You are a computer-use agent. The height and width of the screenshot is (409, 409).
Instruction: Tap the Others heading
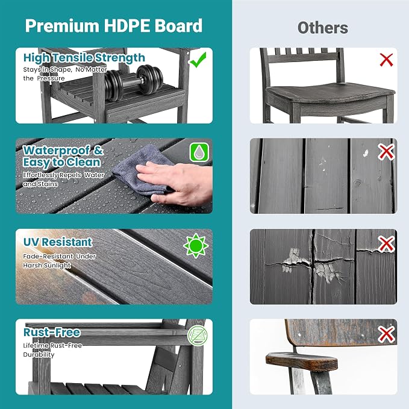pos(323,28)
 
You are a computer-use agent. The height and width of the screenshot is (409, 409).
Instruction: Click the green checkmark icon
pos(198,60)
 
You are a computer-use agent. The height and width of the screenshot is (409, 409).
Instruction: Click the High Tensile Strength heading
pos(84,58)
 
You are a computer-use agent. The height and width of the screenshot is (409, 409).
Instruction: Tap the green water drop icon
pos(199,152)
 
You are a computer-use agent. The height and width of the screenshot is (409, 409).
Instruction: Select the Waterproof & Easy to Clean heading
pos(63,156)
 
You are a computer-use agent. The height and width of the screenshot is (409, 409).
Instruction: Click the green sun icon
pos(196,246)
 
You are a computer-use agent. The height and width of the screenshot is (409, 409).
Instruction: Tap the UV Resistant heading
pos(58,242)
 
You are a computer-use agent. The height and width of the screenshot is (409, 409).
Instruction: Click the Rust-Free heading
pos(52,332)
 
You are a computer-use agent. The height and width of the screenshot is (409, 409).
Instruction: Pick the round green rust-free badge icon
pos(198,336)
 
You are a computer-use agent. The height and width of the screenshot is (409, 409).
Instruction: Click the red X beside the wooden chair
pos(386,60)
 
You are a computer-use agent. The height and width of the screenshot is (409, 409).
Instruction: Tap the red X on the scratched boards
pos(386,152)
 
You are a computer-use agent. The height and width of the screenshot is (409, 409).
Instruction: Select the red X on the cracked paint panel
pos(386,245)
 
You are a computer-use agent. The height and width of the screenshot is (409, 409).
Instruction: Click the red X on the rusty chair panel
pos(386,334)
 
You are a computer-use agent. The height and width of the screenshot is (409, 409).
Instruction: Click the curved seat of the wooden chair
pos(331,93)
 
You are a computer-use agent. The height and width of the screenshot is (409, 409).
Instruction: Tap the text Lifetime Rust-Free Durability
pos(52,350)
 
